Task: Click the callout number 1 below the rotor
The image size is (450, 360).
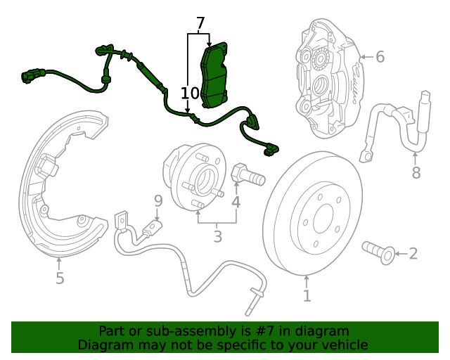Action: tap(307, 296)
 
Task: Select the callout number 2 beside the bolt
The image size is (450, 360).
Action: tap(413, 253)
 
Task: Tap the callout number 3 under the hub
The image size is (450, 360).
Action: tap(217, 237)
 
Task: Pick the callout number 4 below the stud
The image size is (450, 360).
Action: tap(236, 202)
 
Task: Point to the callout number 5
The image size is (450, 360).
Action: tap(60, 278)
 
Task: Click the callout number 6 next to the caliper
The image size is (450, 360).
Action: tap(380, 56)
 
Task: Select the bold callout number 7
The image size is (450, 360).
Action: tap(200, 24)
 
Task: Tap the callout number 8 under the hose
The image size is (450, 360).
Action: tap(416, 172)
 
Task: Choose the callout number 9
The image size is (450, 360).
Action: tap(158, 201)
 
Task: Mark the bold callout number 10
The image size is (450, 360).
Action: tap(190, 94)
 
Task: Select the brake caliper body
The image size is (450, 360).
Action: tap(327, 77)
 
